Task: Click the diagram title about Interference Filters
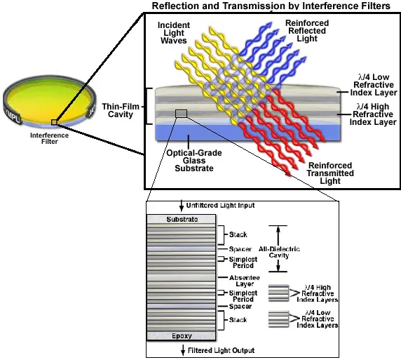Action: pos(271,6)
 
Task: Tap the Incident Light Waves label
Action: pos(174,33)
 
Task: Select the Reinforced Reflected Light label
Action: pos(307,31)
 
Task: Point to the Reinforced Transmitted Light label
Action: pos(330,173)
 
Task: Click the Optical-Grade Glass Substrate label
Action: pos(194,161)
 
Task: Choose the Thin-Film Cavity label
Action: pos(121,110)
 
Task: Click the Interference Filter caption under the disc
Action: pos(49,138)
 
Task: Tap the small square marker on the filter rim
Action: pos(54,122)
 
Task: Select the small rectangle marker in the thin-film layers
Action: pos(182,114)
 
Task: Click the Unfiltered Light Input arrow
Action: pos(182,206)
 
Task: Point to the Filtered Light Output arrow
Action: pos(183,350)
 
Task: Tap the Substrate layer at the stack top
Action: pos(182,219)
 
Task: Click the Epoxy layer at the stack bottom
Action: pos(182,335)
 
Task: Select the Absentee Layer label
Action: pos(245,281)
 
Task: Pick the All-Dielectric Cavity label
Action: pos(279,252)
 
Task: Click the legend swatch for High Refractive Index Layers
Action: pos(278,293)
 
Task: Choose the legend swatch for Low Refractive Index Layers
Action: pos(278,319)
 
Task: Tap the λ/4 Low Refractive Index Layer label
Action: pos(374,85)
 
